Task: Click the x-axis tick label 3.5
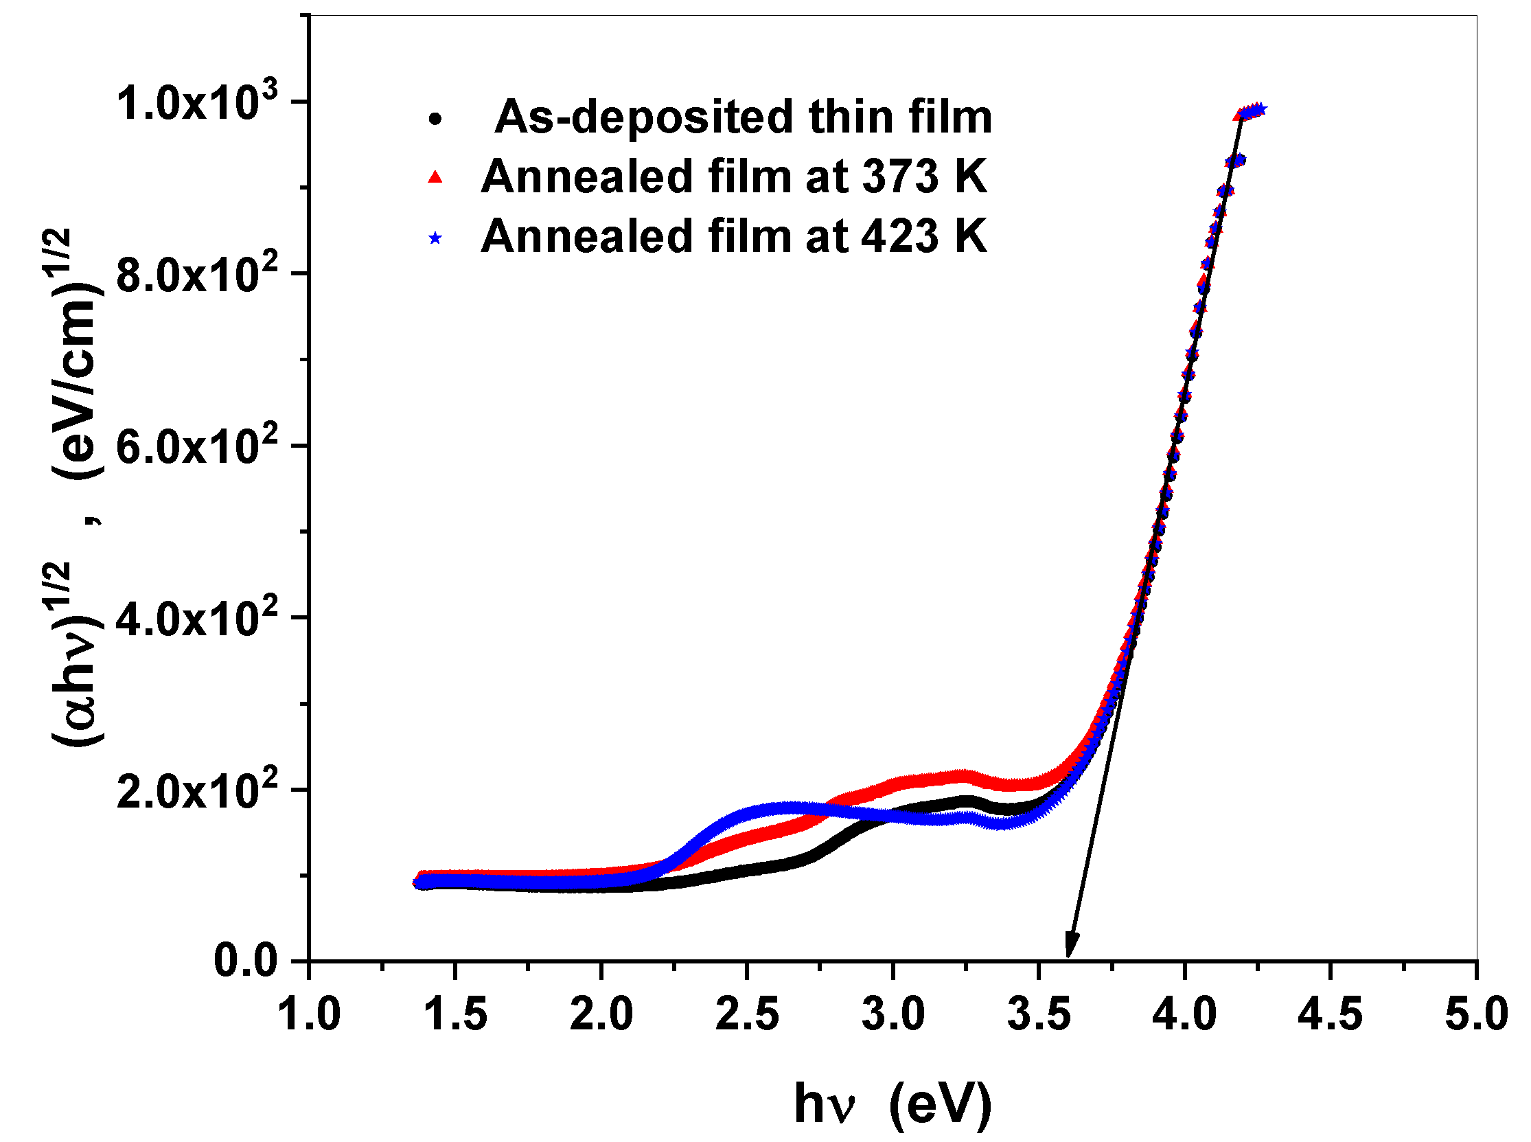point(1038,1015)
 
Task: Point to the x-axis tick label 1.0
point(309,1015)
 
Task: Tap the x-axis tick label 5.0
point(1475,1015)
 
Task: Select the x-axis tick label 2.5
point(746,1015)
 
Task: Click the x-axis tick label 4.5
point(1330,1015)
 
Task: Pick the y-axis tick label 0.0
point(245,961)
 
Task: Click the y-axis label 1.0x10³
point(197,102)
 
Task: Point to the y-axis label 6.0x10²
point(197,446)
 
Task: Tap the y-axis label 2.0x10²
point(197,790)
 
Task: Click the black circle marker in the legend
point(435,118)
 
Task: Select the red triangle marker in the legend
point(435,178)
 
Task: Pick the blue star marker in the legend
point(435,238)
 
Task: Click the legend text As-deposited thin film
point(743,117)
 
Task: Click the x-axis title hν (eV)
point(893,1104)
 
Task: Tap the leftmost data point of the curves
point(418,883)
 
